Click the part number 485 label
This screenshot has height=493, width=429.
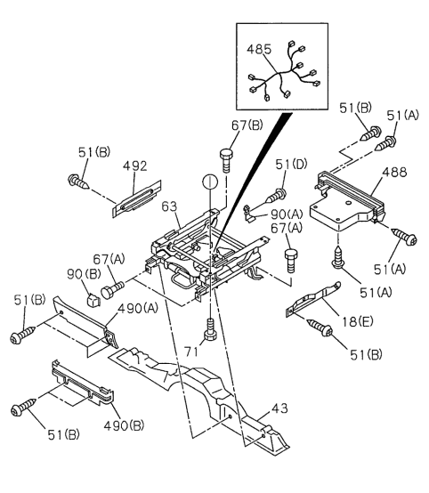point(259,50)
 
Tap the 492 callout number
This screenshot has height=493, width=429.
point(135,166)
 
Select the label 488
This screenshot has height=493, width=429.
point(394,172)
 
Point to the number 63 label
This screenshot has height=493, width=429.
point(170,206)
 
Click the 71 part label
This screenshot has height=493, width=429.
point(191,352)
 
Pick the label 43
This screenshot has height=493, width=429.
point(279,408)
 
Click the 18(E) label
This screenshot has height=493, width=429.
point(358,321)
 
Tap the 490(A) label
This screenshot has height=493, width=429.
point(138,309)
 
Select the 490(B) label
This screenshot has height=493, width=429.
point(124,425)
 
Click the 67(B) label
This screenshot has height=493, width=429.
point(247,125)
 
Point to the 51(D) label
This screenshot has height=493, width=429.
point(291,164)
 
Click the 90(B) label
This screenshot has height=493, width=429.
point(84,274)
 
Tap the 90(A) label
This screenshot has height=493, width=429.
point(287,214)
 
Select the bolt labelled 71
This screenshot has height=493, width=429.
point(210,329)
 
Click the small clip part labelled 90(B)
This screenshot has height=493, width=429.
point(93,300)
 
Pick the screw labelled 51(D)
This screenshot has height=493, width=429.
point(277,195)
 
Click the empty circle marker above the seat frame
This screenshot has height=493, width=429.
point(210,182)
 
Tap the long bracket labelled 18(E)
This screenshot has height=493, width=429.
point(313,299)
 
